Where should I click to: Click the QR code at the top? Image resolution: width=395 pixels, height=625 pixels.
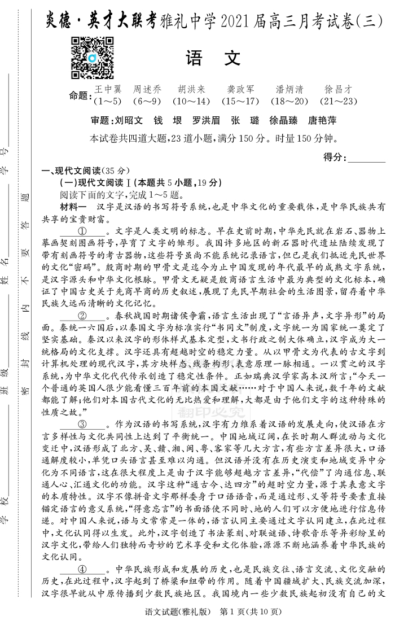click(92, 58)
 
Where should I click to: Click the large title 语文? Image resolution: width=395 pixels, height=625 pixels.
click(213, 58)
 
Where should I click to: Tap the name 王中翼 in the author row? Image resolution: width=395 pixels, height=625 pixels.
click(108, 89)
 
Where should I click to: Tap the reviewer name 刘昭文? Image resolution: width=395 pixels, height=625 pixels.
click(129, 120)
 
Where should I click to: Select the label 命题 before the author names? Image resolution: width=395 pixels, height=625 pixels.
click(79, 95)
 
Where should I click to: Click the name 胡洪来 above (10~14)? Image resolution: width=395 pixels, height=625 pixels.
click(191, 89)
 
